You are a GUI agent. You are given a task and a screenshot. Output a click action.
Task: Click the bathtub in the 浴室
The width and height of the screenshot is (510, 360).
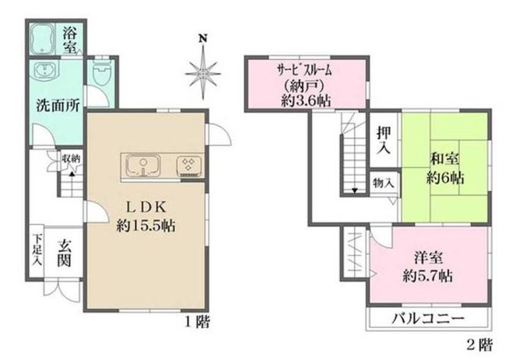45,39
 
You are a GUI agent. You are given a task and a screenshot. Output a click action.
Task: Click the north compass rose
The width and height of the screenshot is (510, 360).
203,69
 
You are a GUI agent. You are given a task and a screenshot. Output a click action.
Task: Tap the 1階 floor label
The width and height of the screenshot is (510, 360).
197,324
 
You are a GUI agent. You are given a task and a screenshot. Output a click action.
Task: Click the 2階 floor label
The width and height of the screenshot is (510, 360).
480,346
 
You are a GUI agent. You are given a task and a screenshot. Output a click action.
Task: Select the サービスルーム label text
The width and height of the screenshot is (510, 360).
305,70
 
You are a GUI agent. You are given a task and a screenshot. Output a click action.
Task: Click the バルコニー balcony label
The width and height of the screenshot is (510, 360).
428,317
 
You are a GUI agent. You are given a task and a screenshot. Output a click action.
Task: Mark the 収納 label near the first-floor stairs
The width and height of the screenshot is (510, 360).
70,158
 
